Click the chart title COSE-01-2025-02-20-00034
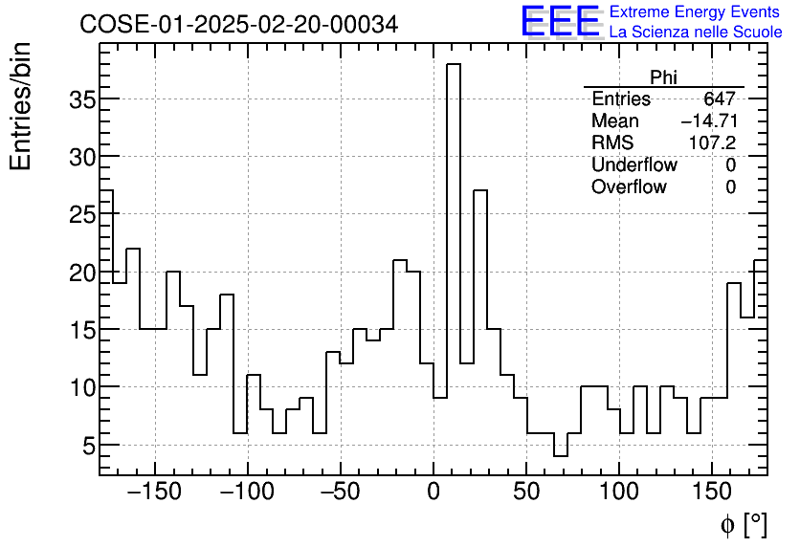[238, 25]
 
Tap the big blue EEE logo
[561, 21]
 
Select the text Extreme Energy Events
[695, 12]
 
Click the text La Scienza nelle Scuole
[695, 33]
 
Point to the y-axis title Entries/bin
[21, 105]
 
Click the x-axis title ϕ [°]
[743, 524]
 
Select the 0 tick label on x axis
[433, 493]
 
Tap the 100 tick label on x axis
[619, 493]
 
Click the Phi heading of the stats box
[663, 77]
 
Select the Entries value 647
[719, 99]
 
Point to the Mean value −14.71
[708, 121]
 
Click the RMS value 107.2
[712, 143]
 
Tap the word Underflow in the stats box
[633, 165]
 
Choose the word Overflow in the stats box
[629, 187]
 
